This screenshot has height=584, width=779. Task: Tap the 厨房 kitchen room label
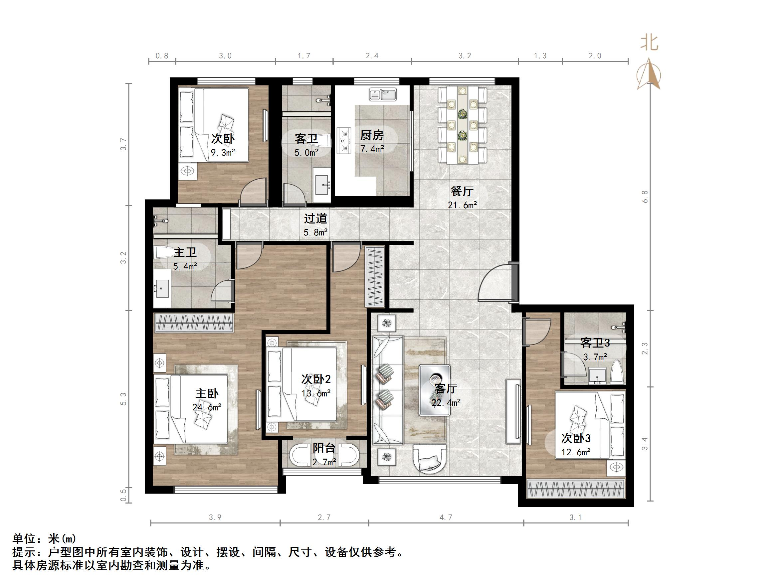pyautogui.click(x=372, y=135)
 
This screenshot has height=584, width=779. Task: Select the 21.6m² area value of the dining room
pyautogui.click(x=462, y=205)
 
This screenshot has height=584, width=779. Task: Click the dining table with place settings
pyautogui.click(x=462, y=125)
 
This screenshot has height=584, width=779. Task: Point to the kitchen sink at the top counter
pyautogui.click(x=383, y=94)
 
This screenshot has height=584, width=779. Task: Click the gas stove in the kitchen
pyautogui.click(x=344, y=140)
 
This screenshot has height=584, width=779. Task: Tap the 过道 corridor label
pyautogui.click(x=315, y=219)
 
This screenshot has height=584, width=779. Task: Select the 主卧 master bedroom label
pyautogui.click(x=207, y=393)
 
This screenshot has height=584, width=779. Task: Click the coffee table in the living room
pyautogui.click(x=434, y=390)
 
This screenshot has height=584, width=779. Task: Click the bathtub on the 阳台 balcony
pyautogui.click(x=324, y=456)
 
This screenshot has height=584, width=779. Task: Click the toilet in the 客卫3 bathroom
pyautogui.click(x=617, y=372)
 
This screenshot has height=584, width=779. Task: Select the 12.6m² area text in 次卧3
pyautogui.click(x=576, y=452)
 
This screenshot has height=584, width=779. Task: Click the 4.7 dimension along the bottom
pyautogui.click(x=446, y=517)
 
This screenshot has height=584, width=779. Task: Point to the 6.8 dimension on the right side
pyautogui.click(x=645, y=197)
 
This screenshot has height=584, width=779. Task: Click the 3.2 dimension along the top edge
pyautogui.click(x=465, y=56)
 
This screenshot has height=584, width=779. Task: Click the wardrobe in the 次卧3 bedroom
pyautogui.click(x=575, y=489)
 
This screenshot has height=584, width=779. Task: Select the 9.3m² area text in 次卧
pyautogui.click(x=223, y=152)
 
